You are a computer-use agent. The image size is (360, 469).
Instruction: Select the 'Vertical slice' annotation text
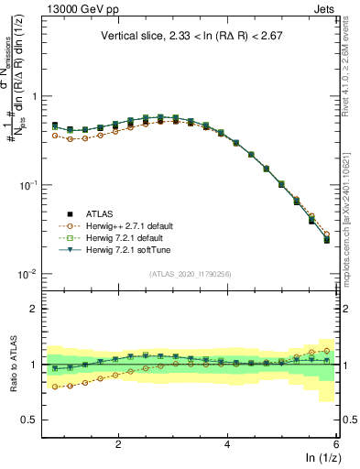pyautogui.click(x=191, y=37)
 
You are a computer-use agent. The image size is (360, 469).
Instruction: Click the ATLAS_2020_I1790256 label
pyautogui.click(x=191, y=274)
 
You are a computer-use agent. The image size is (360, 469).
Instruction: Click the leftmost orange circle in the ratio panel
pyautogui.click(x=55, y=387)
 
